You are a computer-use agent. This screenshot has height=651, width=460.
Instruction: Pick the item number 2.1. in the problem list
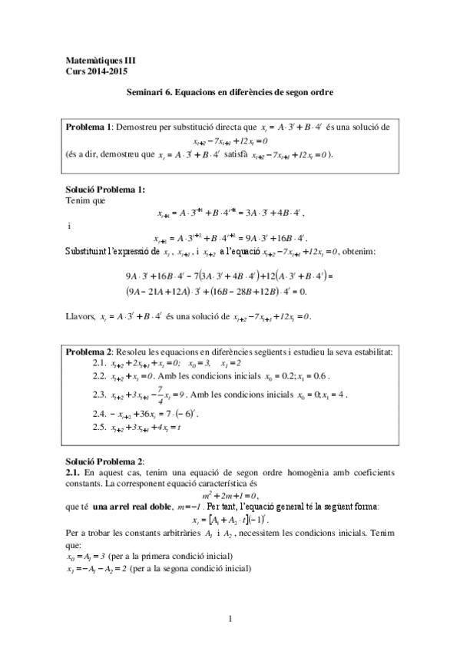(x=98, y=362)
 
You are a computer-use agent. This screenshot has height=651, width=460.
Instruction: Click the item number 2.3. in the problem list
(x=98, y=395)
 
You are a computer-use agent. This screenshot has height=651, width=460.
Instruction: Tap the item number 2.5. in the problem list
(x=98, y=426)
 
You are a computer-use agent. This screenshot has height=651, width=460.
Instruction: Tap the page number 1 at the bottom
(x=230, y=618)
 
